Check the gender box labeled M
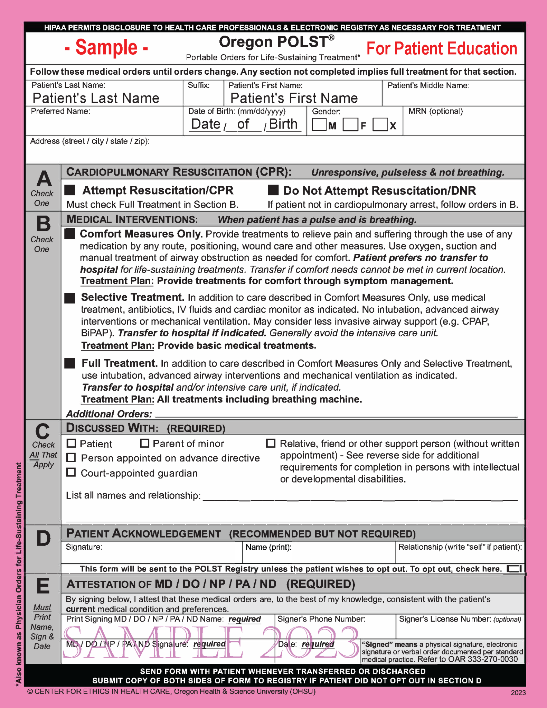tap(319, 125)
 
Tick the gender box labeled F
tap(350, 125)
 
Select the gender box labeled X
tap(380, 125)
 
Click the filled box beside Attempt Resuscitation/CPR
tap(70, 190)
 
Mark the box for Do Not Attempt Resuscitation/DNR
tap(273, 190)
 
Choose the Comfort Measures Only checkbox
tap(70, 234)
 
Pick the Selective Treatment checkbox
tap(70, 298)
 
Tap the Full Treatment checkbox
tap(70, 363)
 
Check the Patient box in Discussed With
tap(71, 443)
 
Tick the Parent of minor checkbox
tap(144, 443)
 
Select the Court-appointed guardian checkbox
tap(71, 472)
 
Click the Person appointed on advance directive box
tap(71, 458)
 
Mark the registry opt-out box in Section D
tap(514, 569)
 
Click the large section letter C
tap(43, 431)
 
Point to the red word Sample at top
tap(106, 47)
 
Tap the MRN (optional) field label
tap(435, 111)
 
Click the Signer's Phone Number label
tap(321, 619)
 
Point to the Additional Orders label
tap(109, 414)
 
